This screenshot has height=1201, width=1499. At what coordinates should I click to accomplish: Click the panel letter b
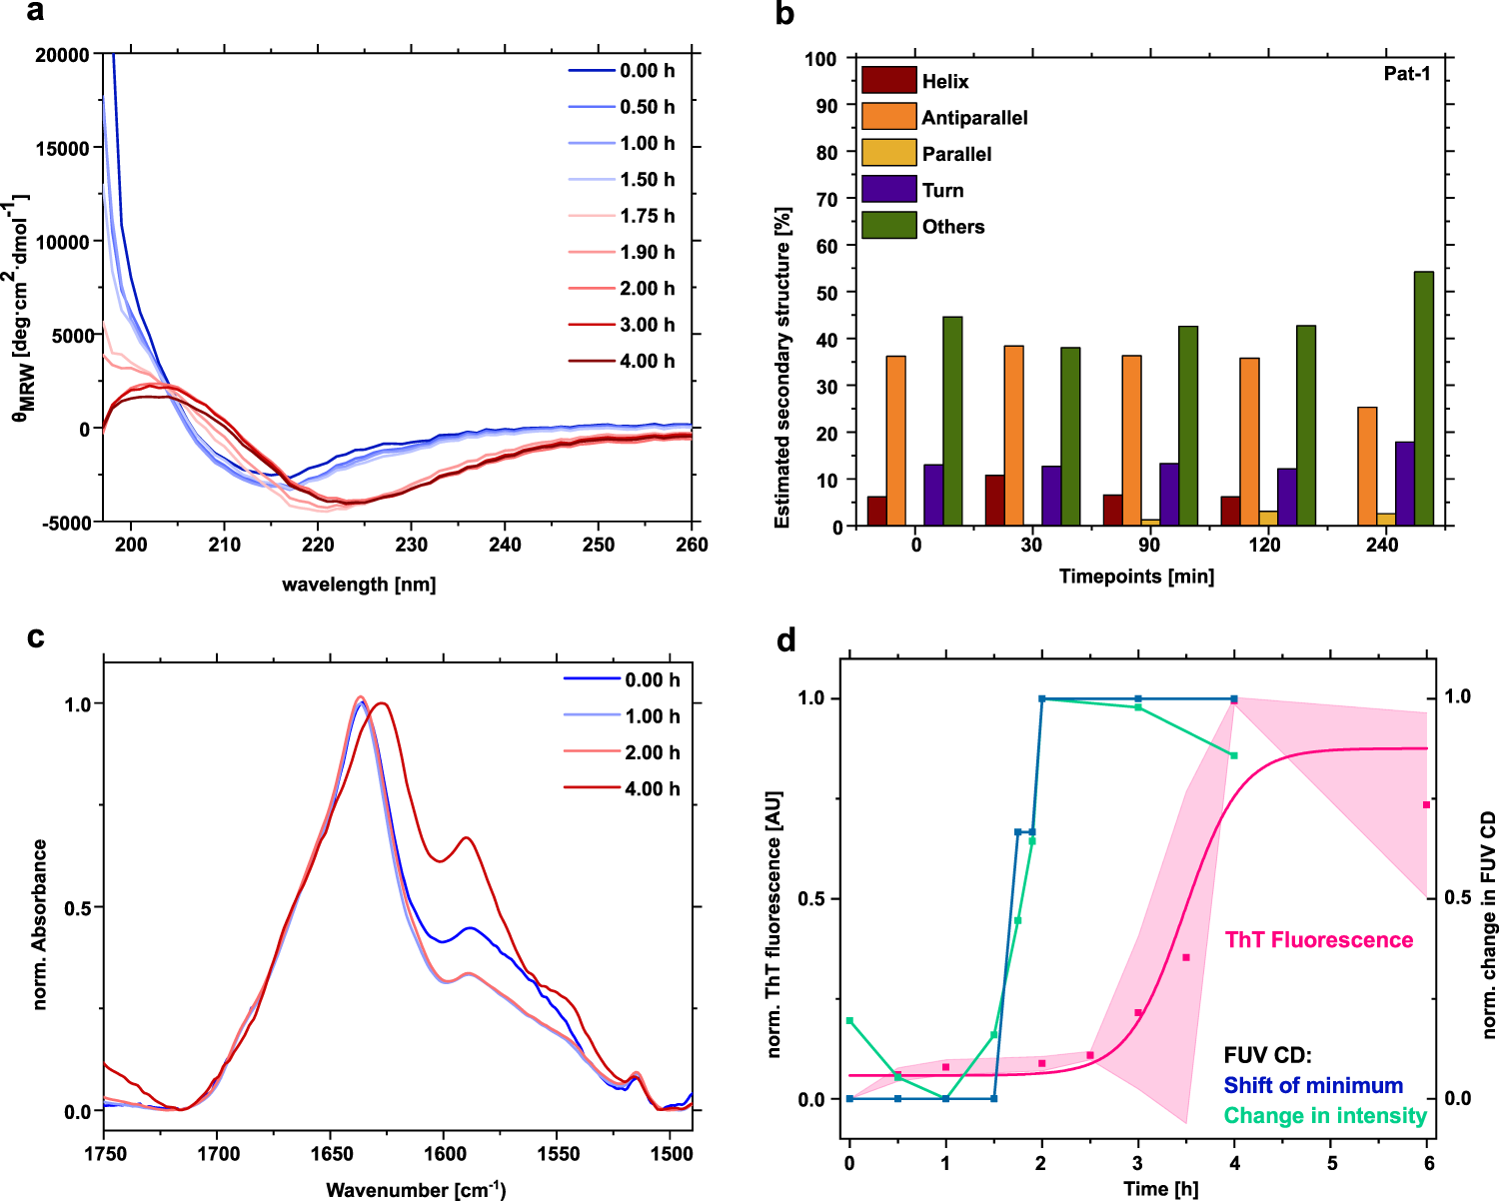pos(785,14)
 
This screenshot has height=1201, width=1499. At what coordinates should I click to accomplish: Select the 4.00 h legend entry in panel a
pos(647,361)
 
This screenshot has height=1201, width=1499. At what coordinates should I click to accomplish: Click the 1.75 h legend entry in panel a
pos(647,216)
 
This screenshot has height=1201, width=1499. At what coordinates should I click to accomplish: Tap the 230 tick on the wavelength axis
pos(412,545)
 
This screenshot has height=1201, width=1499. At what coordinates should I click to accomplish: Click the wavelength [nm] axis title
pos(359,585)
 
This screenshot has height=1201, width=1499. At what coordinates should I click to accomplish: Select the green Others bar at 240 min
pos(1423,398)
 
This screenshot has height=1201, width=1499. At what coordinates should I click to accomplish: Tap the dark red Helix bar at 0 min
pos(876,511)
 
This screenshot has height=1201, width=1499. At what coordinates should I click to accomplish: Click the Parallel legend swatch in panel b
pos(888,153)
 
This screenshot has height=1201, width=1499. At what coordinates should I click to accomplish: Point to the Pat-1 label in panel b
pos(1406,73)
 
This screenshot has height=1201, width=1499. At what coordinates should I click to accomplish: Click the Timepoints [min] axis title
pos(1136,577)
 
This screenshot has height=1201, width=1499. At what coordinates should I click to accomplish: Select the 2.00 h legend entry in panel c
pos(652,752)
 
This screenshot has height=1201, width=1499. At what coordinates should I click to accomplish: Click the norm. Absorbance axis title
pos(40,924)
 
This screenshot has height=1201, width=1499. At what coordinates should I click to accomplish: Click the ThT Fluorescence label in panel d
pos(1318,940)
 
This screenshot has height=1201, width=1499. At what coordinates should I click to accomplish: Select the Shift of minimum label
pos(1313,1086)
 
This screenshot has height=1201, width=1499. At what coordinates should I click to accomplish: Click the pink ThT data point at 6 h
pos(1426,805)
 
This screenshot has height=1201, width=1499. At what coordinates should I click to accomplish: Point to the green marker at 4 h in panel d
pos(1234,755)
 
